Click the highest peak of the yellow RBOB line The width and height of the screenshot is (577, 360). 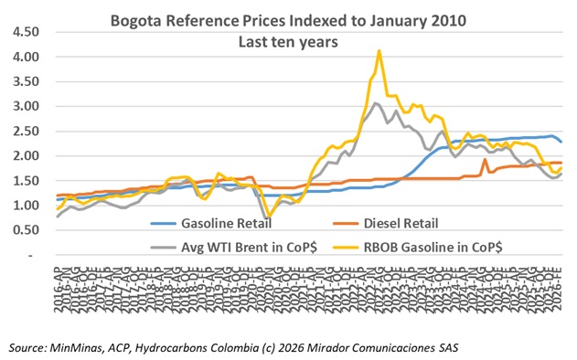[379, 51]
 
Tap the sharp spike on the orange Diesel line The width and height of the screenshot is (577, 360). [485, 159]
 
